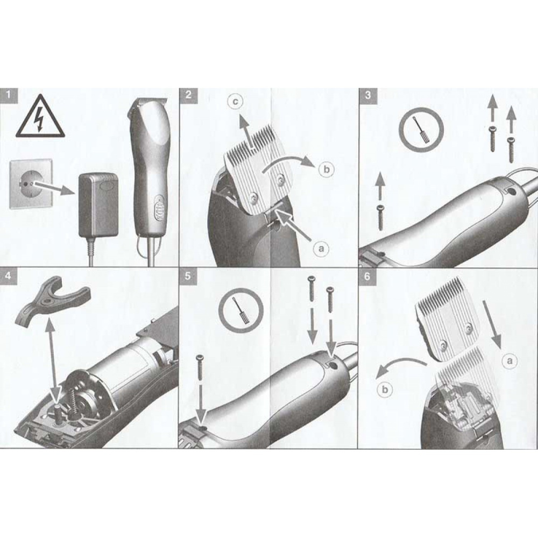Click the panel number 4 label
[8, 275]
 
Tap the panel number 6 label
[367, 276]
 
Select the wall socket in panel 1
[31, 183]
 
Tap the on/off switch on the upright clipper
[159, 207]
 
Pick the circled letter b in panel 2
[327, 169]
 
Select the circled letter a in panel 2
[321, 249]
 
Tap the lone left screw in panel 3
[380, 217]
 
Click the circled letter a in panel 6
[509, 360]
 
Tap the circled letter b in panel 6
[385, 390]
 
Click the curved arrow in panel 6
[398, 363]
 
